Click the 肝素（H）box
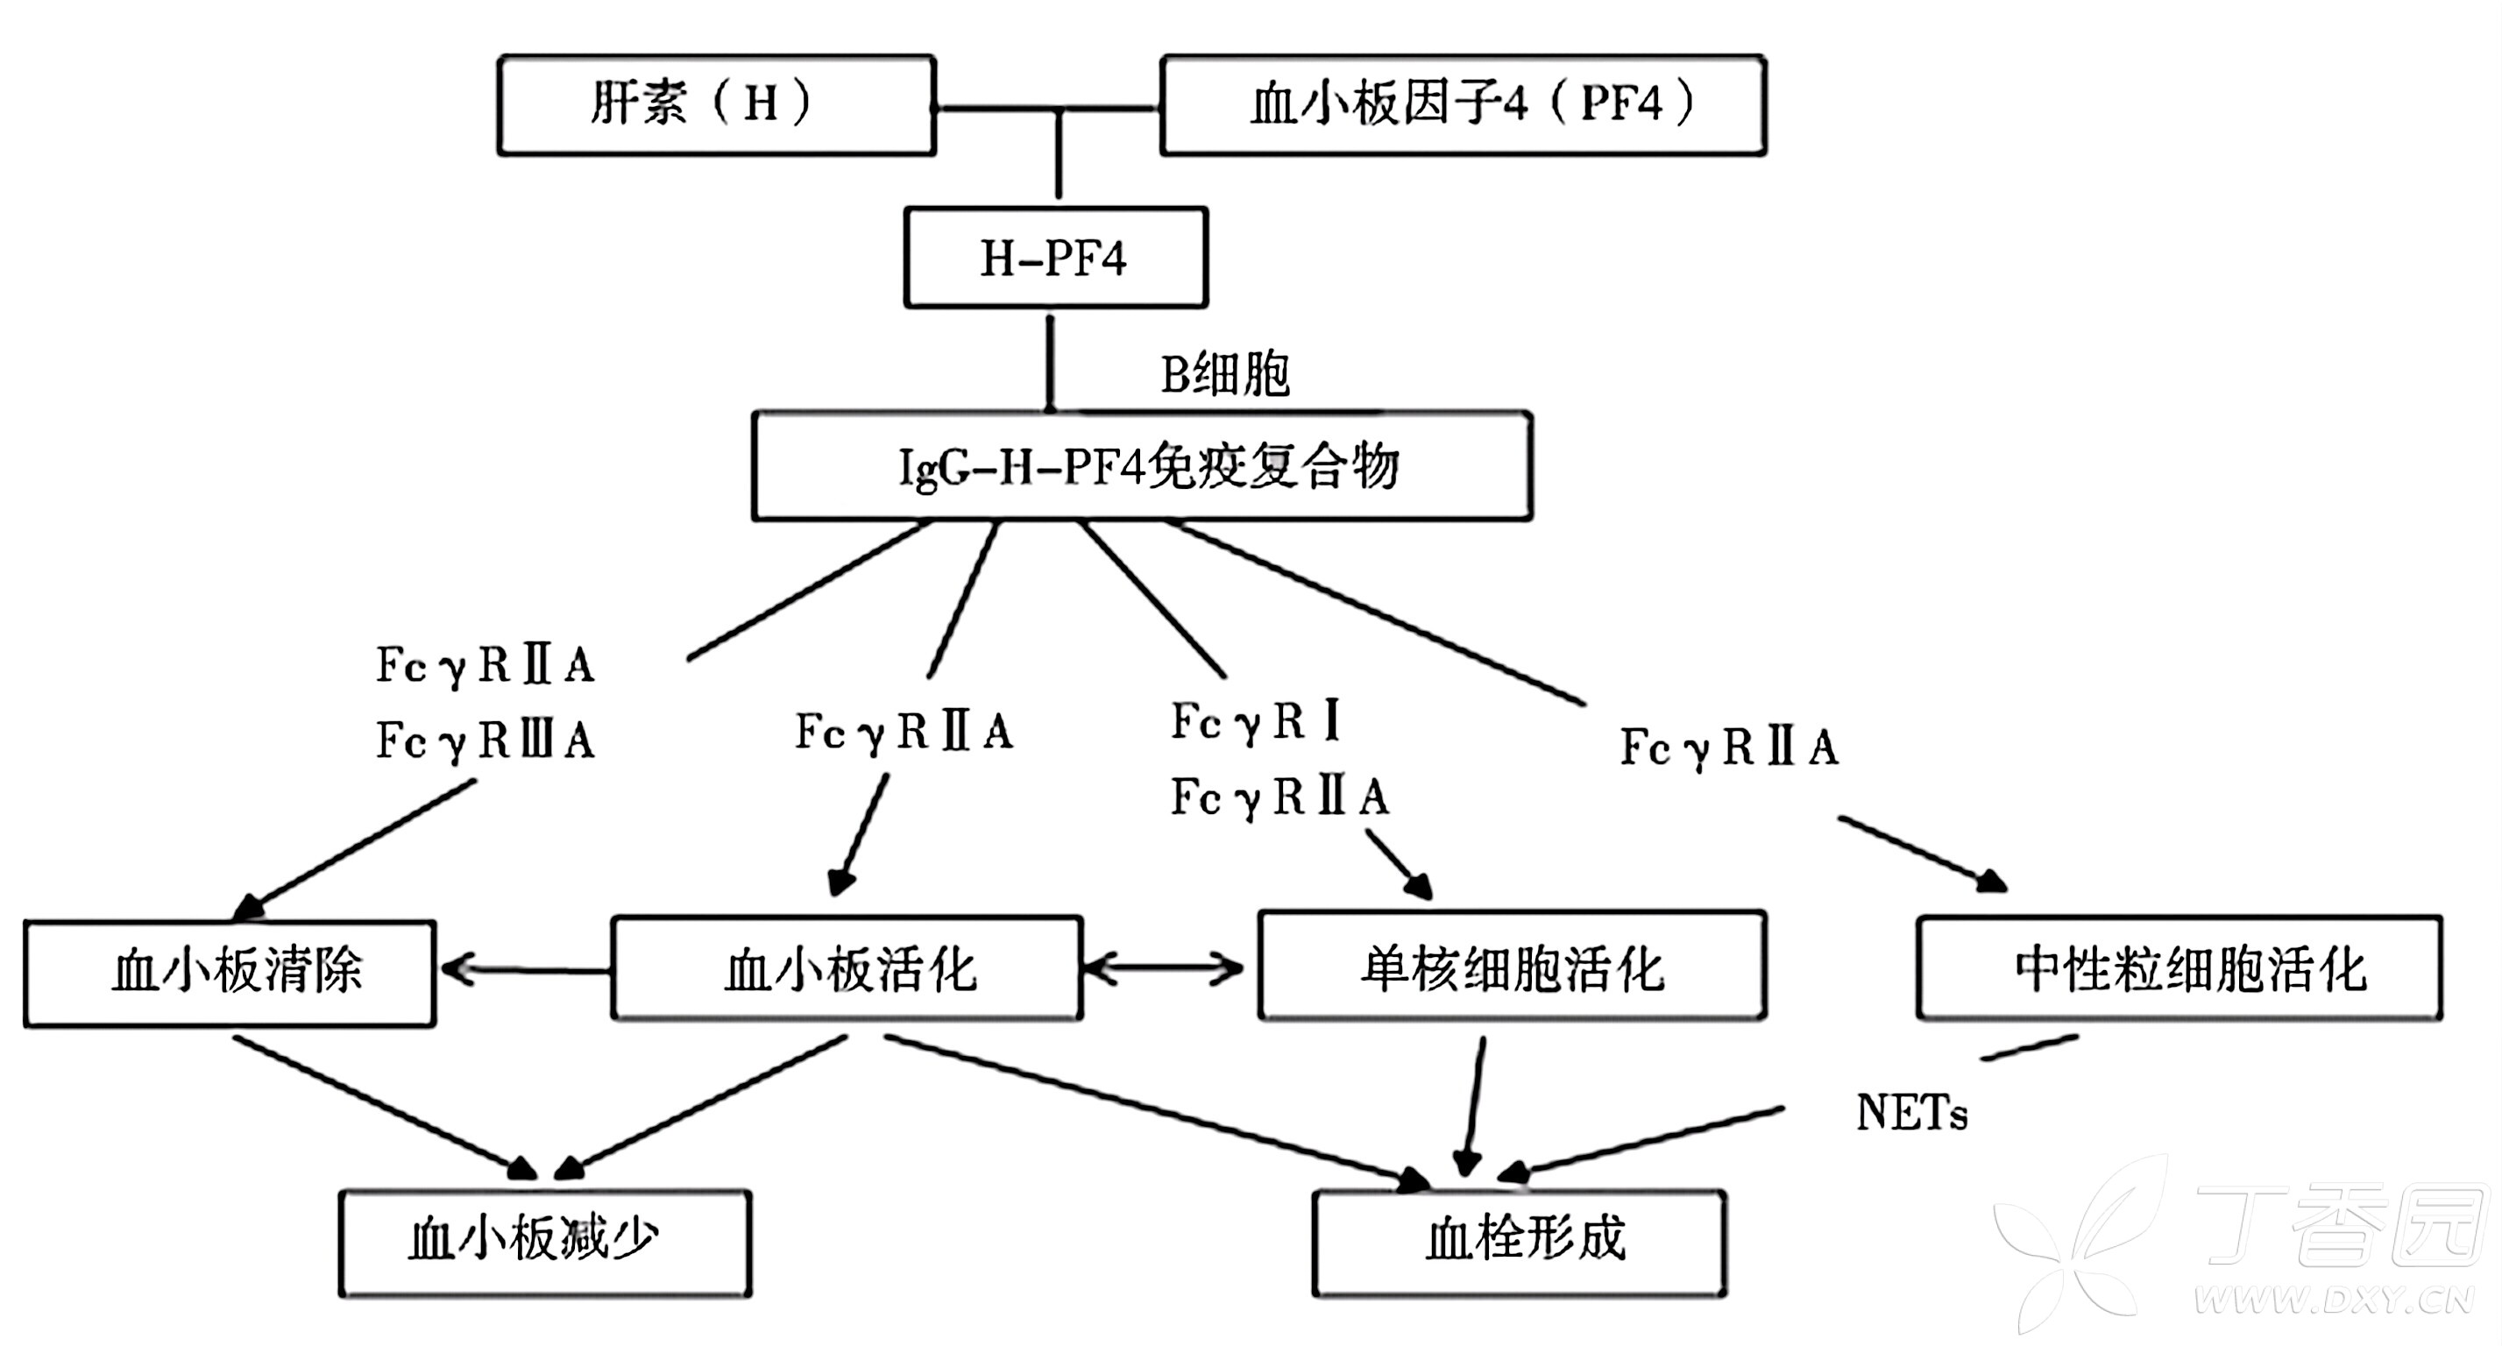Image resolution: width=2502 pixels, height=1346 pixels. click(x=716, y=105)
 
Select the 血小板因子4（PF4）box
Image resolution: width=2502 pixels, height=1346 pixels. click(x=1462, y=105)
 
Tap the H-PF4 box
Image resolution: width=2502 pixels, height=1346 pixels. click(x=1055, y=258)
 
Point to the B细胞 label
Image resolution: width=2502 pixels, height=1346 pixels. click(x=1225, y=375)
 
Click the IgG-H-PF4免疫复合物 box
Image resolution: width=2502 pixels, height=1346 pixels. click(x=1142, y=466)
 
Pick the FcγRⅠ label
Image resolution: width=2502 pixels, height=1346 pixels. click(x=1256, y=721)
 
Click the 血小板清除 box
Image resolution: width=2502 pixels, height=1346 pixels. click(x=230, y=972)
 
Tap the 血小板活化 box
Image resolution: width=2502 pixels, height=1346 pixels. click(x=847, y=969)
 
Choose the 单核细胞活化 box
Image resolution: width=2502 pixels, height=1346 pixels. click(x=1512, y=967)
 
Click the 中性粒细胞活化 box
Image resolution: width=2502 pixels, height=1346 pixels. click(x=2178, y=969)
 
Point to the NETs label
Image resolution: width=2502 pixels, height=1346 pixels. click(x=1910, y=1113)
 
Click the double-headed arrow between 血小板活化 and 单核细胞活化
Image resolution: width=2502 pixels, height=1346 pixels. click(x=1163, y=968)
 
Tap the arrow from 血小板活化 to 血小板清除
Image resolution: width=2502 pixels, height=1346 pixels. click(x=524, y=969)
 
